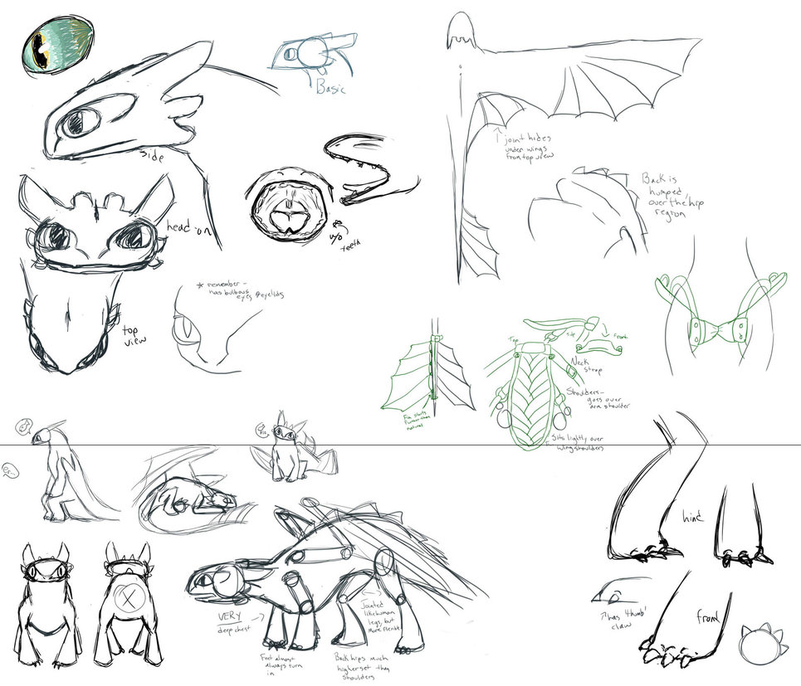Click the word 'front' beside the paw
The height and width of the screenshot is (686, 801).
pyautogui.click(x=708, y=615)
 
